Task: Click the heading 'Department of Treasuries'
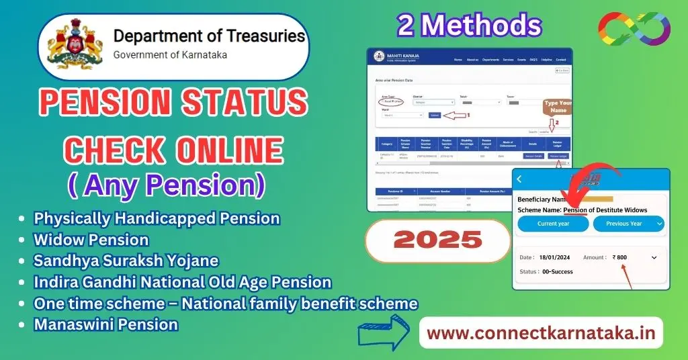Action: pos(208,36)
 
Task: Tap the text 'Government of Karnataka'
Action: pos(170,55)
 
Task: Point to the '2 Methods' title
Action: pos(468,26)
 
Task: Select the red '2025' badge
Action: pos(438,239)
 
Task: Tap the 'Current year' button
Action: pos(553,224)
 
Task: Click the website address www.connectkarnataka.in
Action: pos(540,333)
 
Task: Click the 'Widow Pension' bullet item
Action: pos(91,239)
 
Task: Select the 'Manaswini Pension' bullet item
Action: pos(105,324)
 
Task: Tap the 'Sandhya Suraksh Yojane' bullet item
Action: pos(126,261)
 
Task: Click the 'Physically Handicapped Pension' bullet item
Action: pos(157,218)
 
